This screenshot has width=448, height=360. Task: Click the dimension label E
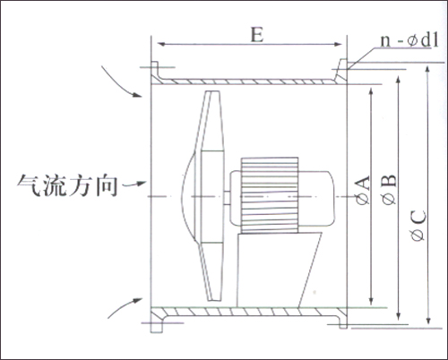[257, 35]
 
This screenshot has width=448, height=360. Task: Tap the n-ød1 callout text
[409, 39]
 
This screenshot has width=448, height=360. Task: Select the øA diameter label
[362, 191]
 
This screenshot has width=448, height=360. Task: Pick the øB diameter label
[389, 190]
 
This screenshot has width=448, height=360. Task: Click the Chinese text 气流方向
[67, 185]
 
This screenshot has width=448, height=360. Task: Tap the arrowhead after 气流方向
[142, 184]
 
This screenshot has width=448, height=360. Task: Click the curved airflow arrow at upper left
[120, 83]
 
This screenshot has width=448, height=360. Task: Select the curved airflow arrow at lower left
[123, 307]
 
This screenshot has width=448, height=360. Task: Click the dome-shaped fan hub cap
[188, 196]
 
